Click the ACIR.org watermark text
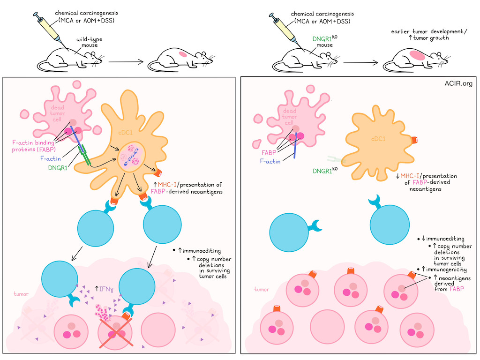(458, 83)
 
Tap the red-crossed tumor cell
(115, 332)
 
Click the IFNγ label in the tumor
(104, 289)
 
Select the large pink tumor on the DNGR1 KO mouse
(417, 55)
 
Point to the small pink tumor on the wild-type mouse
(183, 54)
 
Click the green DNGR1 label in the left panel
(58, 168)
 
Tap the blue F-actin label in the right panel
(270, 161)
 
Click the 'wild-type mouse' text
(90, 42)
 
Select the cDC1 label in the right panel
(378, 139)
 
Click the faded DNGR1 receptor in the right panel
(336, 159)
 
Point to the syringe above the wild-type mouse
(51, 30)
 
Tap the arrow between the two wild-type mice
(126, 62)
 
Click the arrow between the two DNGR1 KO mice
(360, 63)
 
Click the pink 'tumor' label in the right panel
(262, 289)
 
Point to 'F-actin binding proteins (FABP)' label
(34, 146)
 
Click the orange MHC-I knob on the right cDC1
(414, 140)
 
